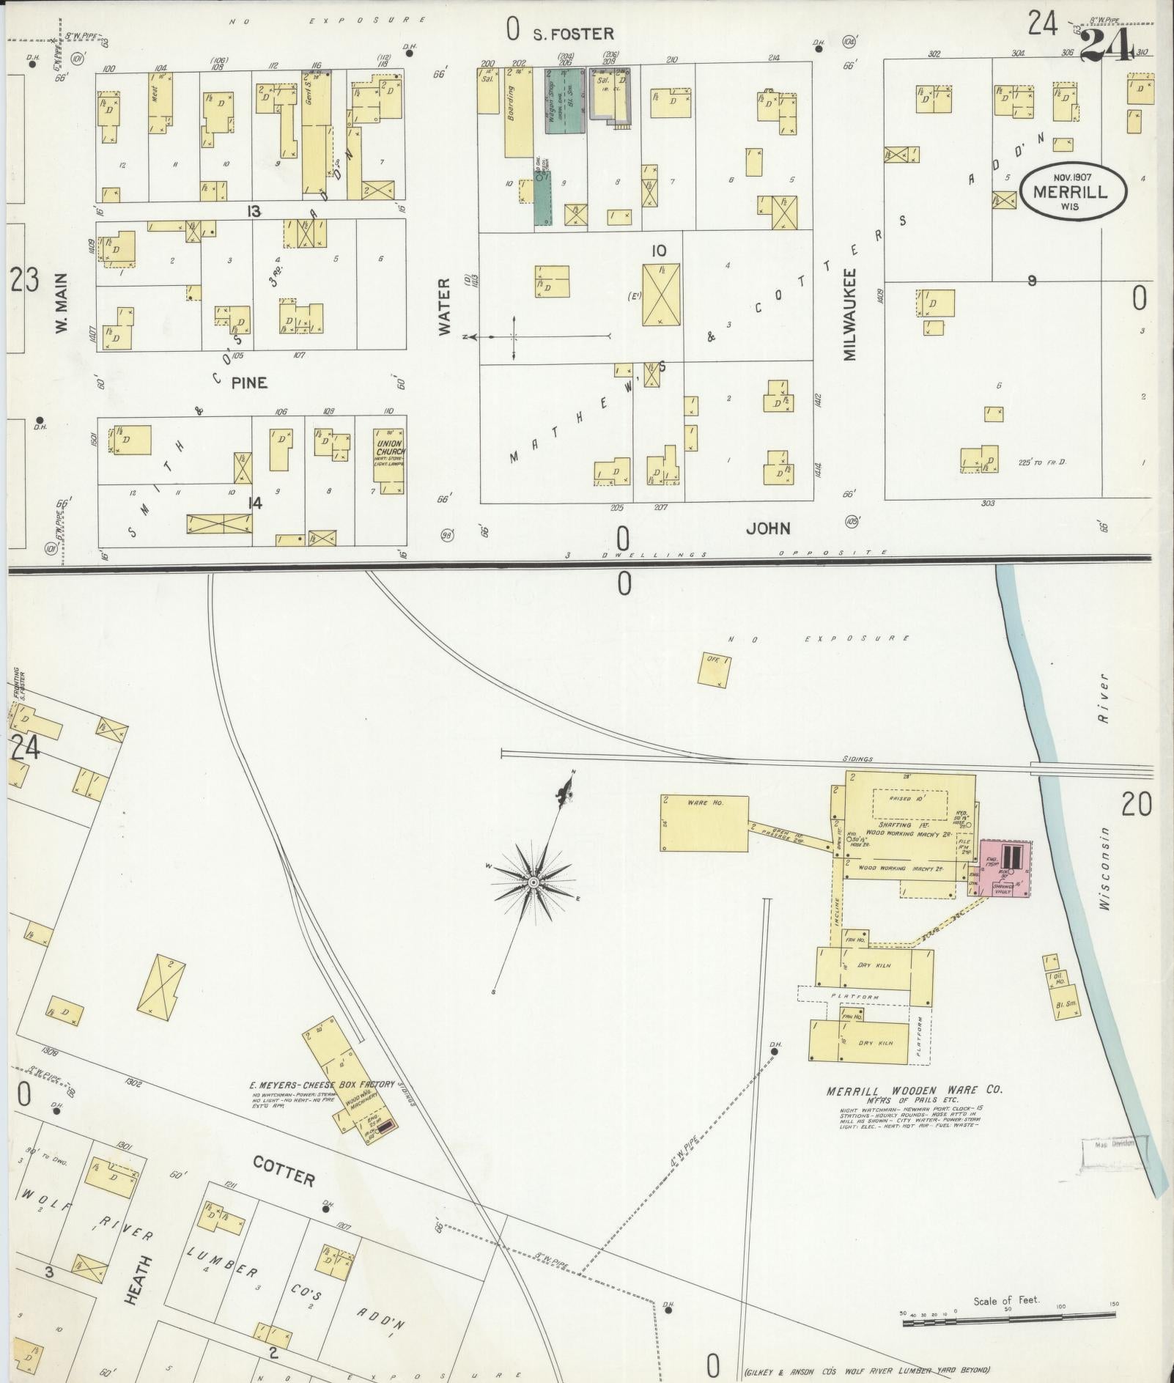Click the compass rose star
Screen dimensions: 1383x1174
pyautogui.click(x=534, y=881)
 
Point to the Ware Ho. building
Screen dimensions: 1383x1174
pyautogui.click(x=704, y=823)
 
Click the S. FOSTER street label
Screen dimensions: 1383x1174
pyautogui.click(x=573, y=34)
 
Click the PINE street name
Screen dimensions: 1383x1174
pyautogui.click(x=249, y=383)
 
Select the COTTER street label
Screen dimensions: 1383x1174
pyautogui.click(x=284, y=1172)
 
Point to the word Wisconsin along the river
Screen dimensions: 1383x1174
pyautogui.click(x=1106, y=868)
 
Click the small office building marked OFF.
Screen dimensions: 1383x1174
pyautogui.click(x=713, y=670)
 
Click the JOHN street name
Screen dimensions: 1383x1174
pyautogui.click(x=768, y=528)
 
